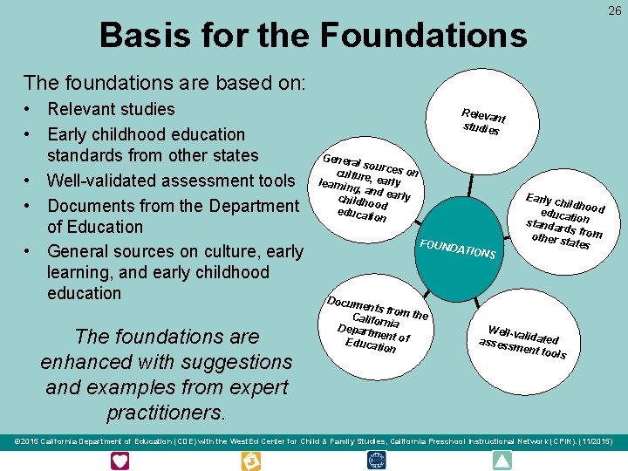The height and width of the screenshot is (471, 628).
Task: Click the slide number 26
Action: pos(615,10)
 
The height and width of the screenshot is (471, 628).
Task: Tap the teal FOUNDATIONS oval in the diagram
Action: pos(458,245)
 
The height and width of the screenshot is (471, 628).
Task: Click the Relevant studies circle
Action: pos(483,122)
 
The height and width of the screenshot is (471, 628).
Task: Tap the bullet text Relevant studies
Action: pos(111,110)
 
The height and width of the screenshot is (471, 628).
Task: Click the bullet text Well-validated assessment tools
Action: pos(171,181)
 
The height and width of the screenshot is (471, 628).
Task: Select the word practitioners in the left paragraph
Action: pos(166,411)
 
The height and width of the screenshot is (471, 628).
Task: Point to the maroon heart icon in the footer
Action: pos(120,461)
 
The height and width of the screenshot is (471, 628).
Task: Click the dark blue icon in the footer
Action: pos(376,461)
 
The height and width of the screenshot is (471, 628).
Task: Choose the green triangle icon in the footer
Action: pos(503,461)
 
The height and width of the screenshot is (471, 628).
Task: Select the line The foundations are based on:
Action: pos(165,83)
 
